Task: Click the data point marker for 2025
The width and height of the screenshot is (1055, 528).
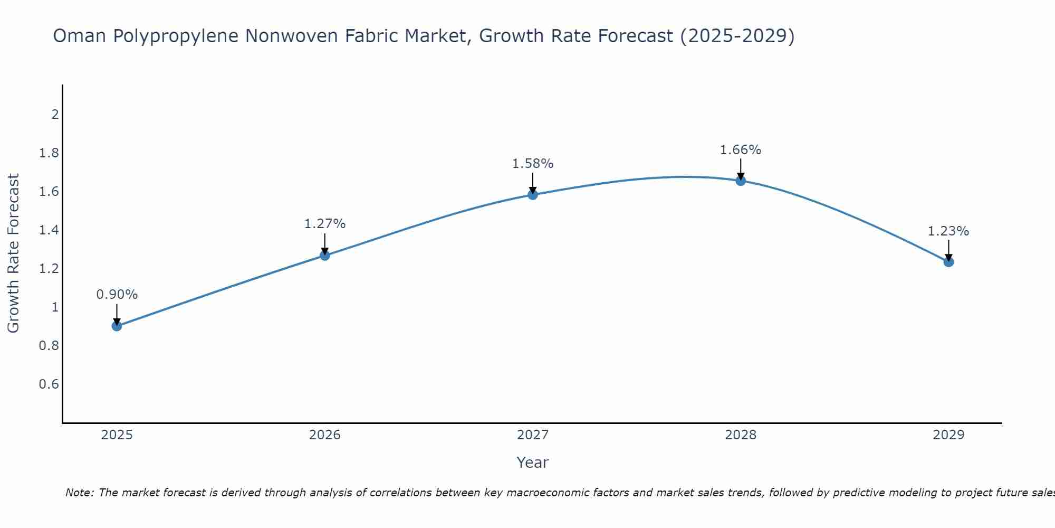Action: click(117, 326)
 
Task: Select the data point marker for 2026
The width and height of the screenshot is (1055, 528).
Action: click(325, 255)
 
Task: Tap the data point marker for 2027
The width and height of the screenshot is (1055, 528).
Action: click(533, 195)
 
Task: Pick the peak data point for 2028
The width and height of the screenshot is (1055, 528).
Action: click(741, 181)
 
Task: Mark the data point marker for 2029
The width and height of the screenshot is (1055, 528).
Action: click(948, 261)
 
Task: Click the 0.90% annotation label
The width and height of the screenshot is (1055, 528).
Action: click(117, 295)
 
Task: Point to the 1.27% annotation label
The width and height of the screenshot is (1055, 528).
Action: click(325, 224)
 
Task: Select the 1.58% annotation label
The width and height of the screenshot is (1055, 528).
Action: click(533, 164)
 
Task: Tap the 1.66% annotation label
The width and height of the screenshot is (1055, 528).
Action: click(741, 150)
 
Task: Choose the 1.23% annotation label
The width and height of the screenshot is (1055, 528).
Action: click(948, 231)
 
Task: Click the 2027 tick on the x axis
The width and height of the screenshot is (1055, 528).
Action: click(533, 435)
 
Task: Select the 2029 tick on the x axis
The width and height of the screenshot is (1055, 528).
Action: click(948, 435)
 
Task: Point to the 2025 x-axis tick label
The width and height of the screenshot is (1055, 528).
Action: click(117, 435)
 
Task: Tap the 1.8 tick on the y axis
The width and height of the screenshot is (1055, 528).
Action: click(49, 153)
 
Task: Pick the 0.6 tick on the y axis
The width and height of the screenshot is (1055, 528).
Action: click(49, 384)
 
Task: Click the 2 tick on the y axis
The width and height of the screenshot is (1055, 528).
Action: click(55, 114)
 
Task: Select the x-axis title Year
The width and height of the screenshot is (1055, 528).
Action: click(533, 463)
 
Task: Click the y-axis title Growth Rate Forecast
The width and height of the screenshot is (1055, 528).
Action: click(14, 253)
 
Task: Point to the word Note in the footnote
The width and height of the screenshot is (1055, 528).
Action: click(79, 493)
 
